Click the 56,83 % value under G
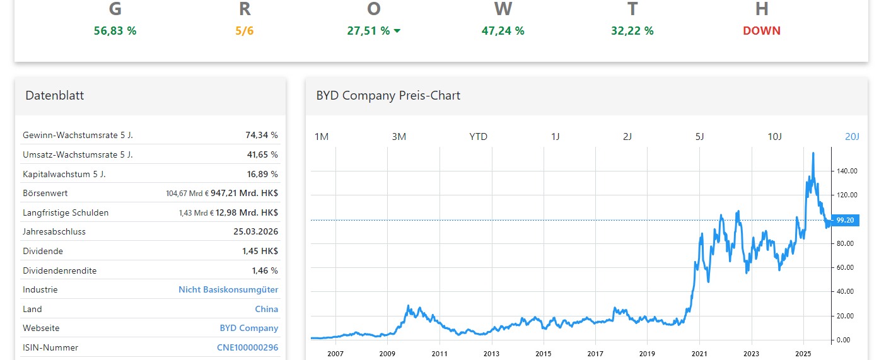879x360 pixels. point(115,30)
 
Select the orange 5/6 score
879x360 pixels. point(245,30)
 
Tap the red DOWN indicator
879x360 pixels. point(761,30)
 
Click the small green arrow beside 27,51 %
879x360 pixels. point(397,31)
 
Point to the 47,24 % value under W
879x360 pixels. point(503,30)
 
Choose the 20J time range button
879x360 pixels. point(851,136)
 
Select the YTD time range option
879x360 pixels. point(478,136)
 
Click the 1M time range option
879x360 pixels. point(322,136)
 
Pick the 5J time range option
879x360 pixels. point(699,136)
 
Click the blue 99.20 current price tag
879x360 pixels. point(844,220)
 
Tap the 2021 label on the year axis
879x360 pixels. point(699,354)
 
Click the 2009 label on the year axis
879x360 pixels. point(387,354)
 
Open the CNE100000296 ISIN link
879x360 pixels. point(247,347)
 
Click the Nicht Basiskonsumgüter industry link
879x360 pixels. point(228,289)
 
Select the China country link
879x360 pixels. point(266,309)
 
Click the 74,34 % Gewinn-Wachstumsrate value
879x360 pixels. point(261,135)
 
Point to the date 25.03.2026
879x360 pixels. point(255,231)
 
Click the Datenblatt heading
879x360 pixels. point(54,95)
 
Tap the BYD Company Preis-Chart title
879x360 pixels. point(388,95)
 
